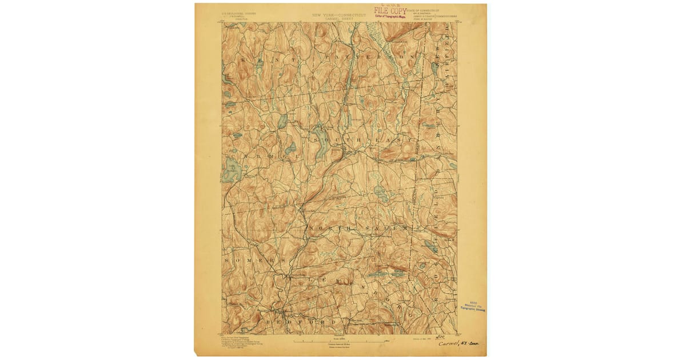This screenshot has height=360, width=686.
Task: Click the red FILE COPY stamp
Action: (x=390, y=10)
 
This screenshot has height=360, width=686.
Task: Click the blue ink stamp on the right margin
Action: (x=472, y=306)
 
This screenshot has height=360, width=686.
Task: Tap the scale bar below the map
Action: (x=340, y=341)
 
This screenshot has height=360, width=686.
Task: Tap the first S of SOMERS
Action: (x=227, y=260)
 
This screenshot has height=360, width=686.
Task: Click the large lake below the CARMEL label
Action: (x=233, y=170)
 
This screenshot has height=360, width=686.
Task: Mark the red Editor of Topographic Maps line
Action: (x=391, y=17)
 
